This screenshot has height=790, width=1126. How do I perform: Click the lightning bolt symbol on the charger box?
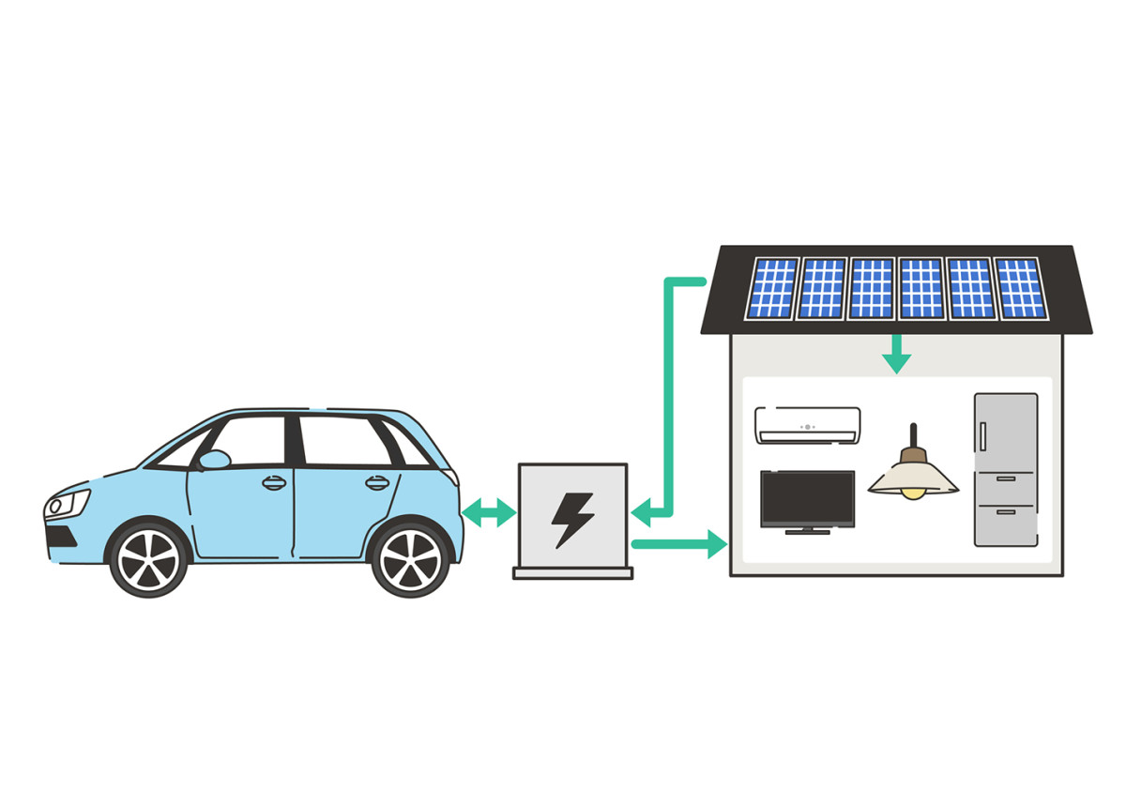pos(571,519)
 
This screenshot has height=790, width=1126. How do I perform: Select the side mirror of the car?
pos(215,460)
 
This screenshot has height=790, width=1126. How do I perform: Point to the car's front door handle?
pos(274,483)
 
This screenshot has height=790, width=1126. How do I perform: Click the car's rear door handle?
pos(377,483)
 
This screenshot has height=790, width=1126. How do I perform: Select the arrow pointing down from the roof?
pos(897,354)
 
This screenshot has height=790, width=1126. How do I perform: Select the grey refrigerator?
pos(1006,469)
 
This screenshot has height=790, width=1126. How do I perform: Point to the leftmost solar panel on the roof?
pos(772,288)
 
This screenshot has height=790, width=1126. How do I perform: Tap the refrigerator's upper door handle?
pos(983,436)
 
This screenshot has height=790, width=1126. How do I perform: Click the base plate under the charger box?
pos(572,572)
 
